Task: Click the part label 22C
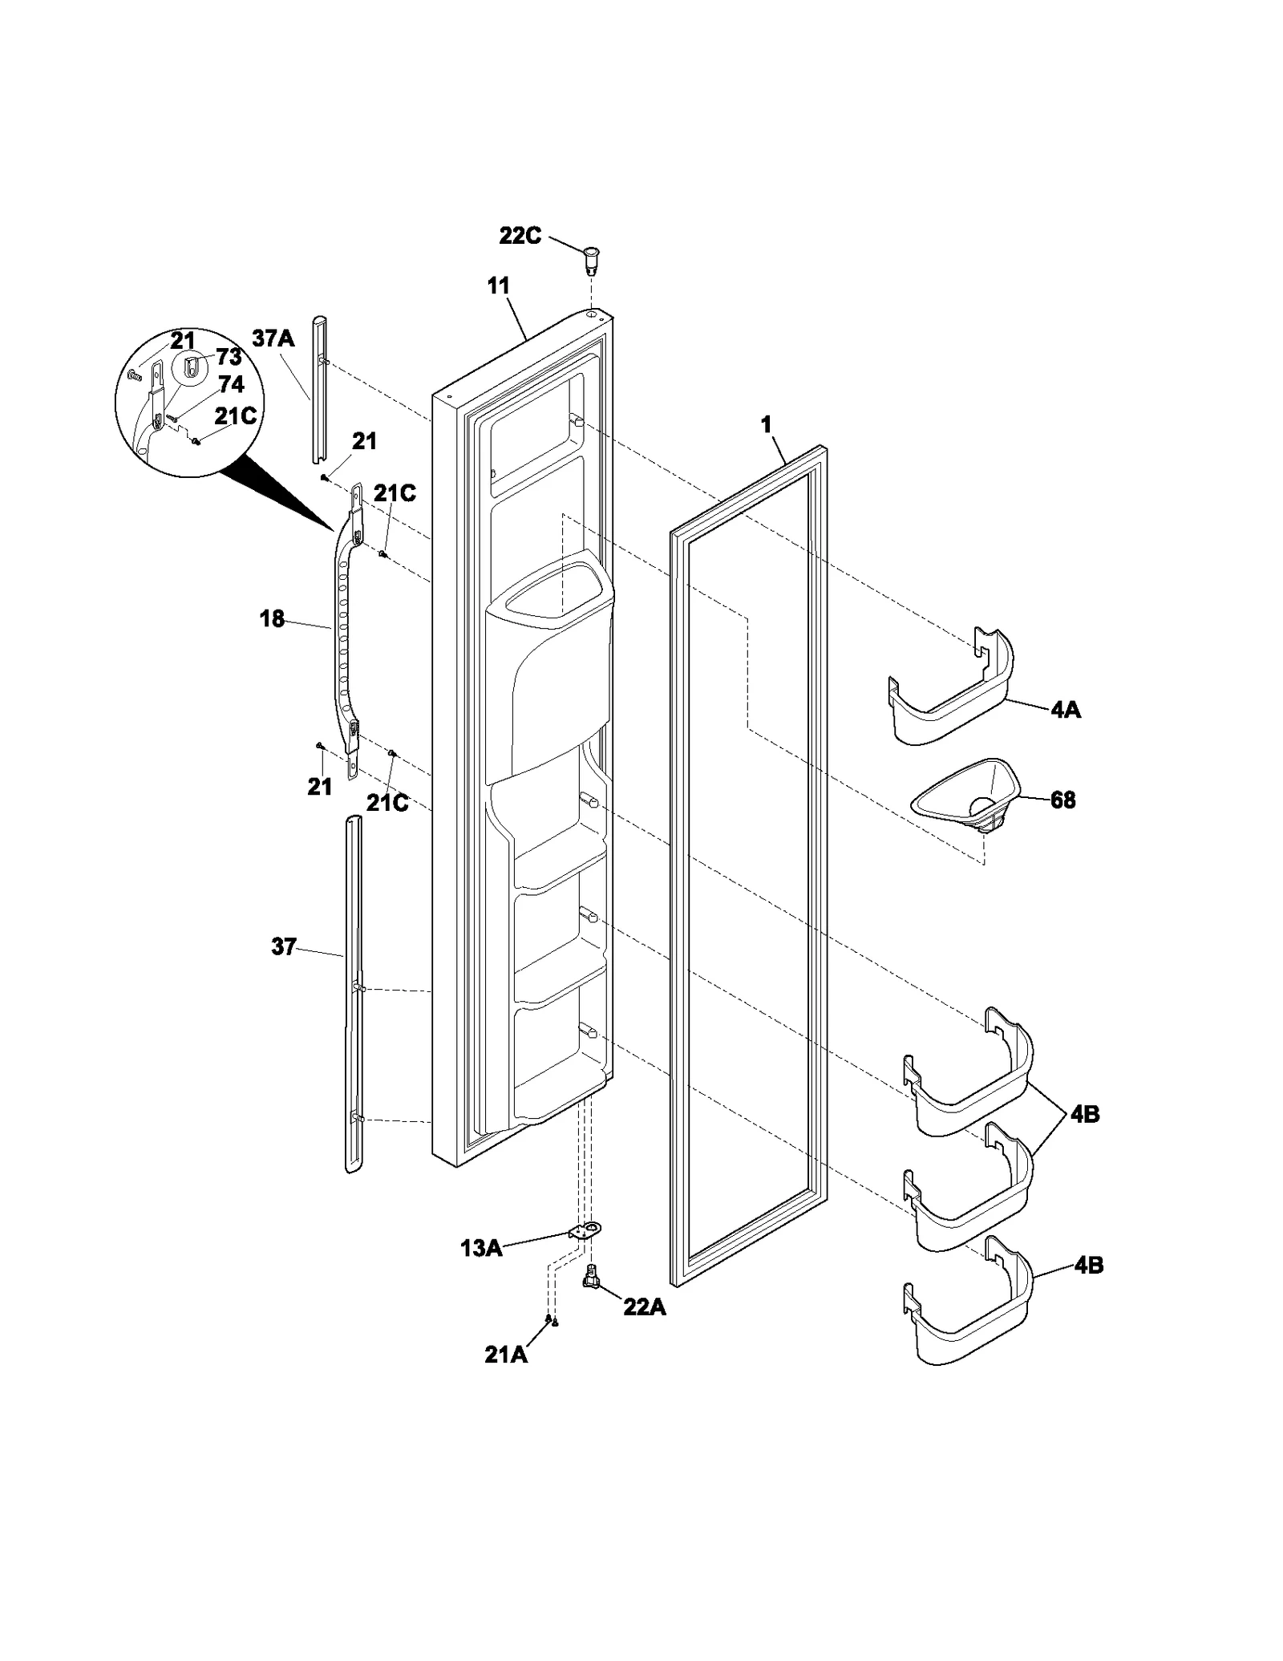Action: (x=520, y=237)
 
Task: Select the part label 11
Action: (x=498, y=286)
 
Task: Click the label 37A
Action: (x=273, y=338)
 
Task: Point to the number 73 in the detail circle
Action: (x=229, y=357)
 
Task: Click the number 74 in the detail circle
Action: (x=230, y=385)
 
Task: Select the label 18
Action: (x=272, y=619)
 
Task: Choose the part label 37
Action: (x=284, y=947)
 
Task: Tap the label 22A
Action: (x=645, y=1307)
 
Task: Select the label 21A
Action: (x=506, y=1355)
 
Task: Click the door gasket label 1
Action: (x=766, y=425)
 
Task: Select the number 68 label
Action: (x=1062, y=800)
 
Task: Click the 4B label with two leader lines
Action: (x=1084, y=1114)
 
